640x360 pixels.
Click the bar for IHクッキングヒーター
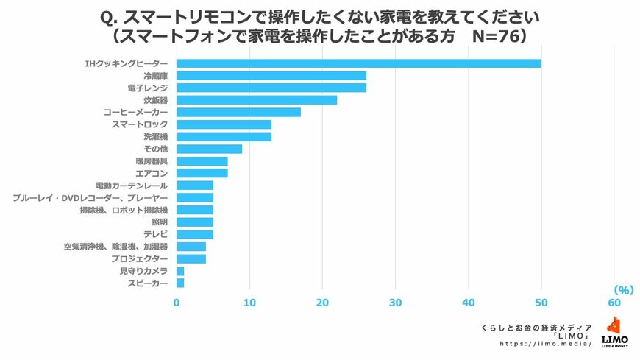click(x=359, y=63)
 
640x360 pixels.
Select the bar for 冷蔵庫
click(x=271, y=76)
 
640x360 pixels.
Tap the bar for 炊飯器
click(x=257, y=100)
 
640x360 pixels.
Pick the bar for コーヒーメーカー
click(x=238, y=113)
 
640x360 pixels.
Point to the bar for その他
click(x=209, y=149)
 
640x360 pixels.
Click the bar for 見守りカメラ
click(x=180, y=271)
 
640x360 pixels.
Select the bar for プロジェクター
click(x=191, y=258)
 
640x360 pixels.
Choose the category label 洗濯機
click(x=156, y=137)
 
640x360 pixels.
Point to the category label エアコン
click(x=152, y=173)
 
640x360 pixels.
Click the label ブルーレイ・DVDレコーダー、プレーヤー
click(x=90, y=198)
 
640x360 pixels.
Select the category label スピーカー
click(x=148, y=283)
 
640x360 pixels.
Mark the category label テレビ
click(x=156, y=234)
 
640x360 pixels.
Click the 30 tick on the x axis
click(x=396, y=303)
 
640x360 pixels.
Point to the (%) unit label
click(x=622, y=290)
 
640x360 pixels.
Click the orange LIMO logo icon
click(x=614, y=325)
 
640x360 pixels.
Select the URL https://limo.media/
click(x=545, y=344)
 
